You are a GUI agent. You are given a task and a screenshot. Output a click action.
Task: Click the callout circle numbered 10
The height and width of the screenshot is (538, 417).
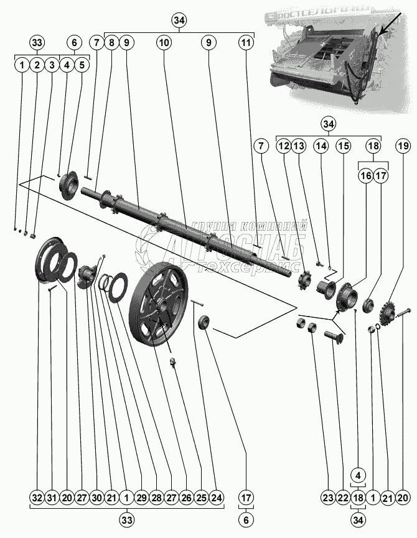click(164, 43)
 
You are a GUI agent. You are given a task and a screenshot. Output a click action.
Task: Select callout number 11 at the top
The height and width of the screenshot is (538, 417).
click(246, 43)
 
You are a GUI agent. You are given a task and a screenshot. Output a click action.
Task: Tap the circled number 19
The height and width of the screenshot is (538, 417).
click(403, 146)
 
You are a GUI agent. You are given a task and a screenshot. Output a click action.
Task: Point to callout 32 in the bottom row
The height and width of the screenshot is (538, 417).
click(37, 498)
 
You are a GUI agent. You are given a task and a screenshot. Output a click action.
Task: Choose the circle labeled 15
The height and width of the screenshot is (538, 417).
click(343, 146)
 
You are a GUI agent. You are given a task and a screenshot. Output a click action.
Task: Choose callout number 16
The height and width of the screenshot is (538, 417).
click(365, 176)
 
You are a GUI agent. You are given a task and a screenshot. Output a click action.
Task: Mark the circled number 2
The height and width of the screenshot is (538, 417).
click(37, 64)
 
